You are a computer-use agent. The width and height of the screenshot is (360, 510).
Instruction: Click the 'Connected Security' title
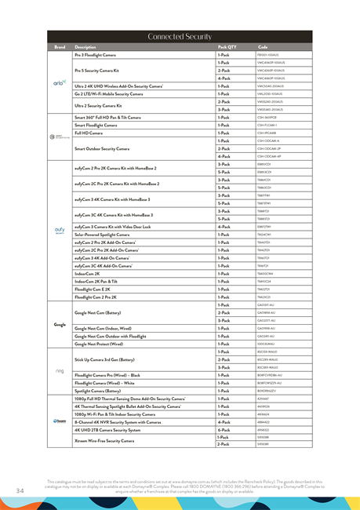(x=180, y=36)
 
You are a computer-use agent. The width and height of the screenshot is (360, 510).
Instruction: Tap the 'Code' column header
(x=262, y=47)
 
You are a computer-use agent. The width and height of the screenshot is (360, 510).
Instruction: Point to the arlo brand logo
(x=60, y=82)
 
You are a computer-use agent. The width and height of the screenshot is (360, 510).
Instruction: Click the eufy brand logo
(x=60, y=230)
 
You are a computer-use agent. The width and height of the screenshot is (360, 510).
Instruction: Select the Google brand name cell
(x=60, y=324)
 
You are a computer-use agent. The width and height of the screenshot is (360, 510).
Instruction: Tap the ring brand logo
(x=60, y=371)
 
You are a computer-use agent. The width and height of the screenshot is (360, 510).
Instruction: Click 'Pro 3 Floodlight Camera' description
(x=99, y=55)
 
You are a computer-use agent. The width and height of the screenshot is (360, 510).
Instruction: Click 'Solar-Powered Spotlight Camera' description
(x=102, y=234)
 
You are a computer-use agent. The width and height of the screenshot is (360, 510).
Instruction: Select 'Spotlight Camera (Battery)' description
(x=98, y=391)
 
